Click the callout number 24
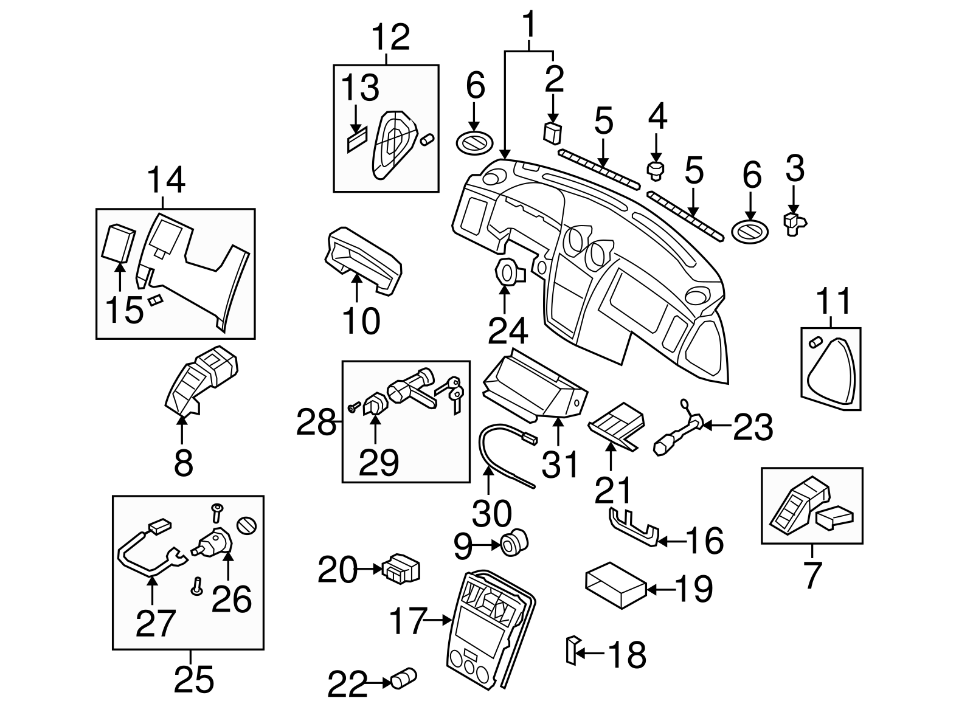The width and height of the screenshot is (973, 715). coord(508,331)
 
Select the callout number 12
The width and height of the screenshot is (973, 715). coord(390,38)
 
